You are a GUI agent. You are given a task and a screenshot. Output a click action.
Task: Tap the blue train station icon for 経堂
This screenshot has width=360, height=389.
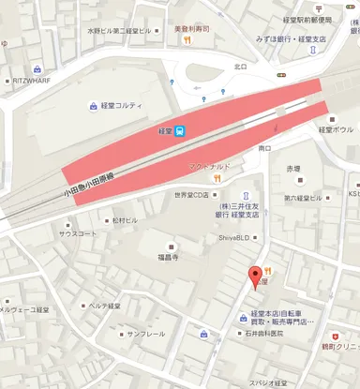coord(180,132)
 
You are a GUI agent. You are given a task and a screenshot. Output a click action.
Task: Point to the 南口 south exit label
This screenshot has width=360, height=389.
coord(264,148)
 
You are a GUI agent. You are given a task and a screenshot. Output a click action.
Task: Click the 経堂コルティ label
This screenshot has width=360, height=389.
coord(119,105)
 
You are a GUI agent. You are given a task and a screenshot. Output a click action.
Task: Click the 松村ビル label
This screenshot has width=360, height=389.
coord(124,220)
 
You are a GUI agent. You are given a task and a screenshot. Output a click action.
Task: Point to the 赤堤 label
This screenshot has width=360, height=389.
coord(294,170)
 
